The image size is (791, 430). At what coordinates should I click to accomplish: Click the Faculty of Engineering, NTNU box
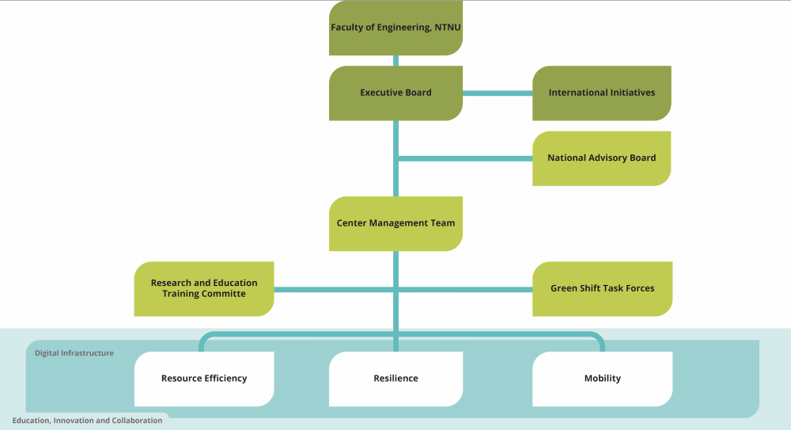click(395, 29)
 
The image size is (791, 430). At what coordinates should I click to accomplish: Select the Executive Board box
click(395, 93)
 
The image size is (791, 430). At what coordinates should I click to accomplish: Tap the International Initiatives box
click(602, 93)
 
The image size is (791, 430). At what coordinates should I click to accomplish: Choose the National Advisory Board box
click(602, 158)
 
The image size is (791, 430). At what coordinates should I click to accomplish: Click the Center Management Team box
click(395, 223)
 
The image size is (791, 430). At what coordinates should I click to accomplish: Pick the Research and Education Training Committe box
click(204, 288)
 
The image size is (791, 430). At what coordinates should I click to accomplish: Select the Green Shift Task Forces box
click(602, 288)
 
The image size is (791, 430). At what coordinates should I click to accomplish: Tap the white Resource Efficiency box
click(204, 379)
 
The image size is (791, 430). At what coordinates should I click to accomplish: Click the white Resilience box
click(395, 379)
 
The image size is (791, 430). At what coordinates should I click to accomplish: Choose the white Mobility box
click(602, 379)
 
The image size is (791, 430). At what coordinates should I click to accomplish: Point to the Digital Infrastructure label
click(74, 353)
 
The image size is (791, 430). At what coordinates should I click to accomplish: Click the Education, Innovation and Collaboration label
click(87, 420)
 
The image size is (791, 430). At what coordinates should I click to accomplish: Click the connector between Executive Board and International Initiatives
click(497, 93)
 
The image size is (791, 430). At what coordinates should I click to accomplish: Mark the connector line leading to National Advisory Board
click(465, 158)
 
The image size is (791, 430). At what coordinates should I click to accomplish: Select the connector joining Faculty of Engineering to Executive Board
click(395, 61)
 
